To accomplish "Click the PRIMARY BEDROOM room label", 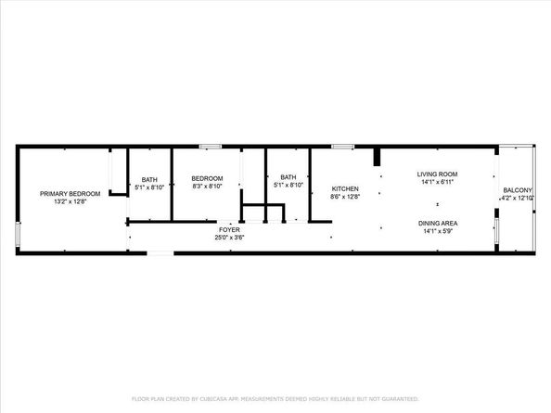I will click(64, 193).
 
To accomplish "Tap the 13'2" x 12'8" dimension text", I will click(64, 201).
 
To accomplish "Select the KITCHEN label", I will click(344, 187).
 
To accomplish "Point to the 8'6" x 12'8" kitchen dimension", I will click(344, 196).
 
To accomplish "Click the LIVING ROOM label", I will click(437, 174).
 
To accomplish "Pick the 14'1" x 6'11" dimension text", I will click(437, 182).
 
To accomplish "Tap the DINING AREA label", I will click(437, 224).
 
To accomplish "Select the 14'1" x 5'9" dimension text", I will click(437, 232).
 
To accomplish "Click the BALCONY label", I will click(518, 189).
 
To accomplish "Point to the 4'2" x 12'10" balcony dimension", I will click(518, 198).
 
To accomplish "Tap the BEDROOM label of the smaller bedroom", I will click(207, 178).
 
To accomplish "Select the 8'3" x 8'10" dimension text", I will click(207, 187).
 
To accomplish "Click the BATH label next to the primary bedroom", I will click(149, 178).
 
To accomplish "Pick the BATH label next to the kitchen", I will click(288, 177).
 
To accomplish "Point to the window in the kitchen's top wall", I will click(343, 146).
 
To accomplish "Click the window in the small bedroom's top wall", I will click(210, 146).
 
